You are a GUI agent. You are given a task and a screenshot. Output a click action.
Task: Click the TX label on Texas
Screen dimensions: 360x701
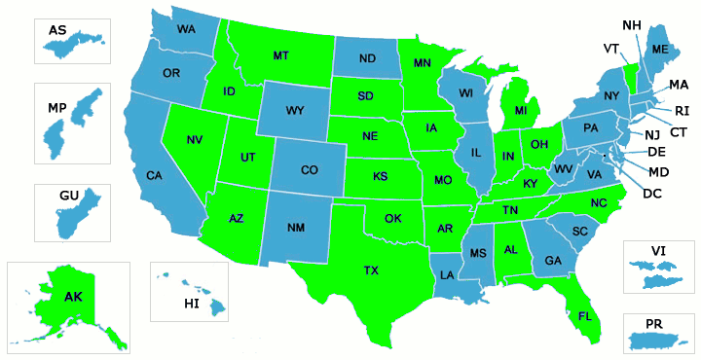point(371,270)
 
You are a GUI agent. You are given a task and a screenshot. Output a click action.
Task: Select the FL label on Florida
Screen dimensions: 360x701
point(584,316)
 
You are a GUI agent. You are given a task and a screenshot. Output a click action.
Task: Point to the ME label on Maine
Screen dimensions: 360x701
point(660,50)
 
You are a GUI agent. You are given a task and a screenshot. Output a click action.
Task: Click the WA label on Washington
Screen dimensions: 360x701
point(186,29)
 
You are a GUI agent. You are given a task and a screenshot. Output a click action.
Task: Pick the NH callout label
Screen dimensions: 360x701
point(631,23)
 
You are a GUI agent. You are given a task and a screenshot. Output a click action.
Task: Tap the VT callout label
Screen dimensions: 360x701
point(611,49)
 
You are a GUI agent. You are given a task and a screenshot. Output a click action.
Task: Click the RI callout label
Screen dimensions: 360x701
point(682,110)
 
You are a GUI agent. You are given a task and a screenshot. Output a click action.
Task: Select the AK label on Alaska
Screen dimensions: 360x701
point(73,297)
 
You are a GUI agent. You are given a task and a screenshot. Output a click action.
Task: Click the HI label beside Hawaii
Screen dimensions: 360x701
point(192,305)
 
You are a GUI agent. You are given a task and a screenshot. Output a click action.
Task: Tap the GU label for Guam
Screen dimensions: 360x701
point(68,196)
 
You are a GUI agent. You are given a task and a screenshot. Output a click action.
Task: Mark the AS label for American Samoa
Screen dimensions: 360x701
point(57,31)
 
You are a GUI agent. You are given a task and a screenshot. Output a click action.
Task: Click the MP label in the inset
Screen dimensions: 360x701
point(56,107)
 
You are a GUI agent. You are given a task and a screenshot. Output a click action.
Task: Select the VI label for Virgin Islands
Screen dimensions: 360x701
point(658,250)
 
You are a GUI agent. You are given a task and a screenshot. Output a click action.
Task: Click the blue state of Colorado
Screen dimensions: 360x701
point(310,171)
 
